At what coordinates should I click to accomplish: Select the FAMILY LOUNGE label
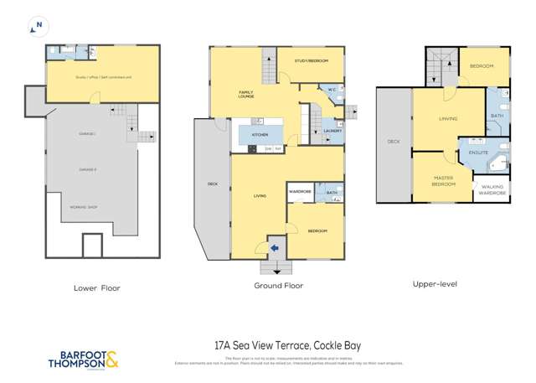(246, 95)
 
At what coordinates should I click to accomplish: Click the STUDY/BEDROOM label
(311, 62)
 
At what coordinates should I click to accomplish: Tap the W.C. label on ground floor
(332, 89)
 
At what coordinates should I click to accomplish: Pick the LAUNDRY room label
(332, 131)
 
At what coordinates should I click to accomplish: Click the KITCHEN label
(260, 134)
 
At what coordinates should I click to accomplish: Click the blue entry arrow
(273, 246)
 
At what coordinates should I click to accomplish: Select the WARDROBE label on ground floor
(301, 192)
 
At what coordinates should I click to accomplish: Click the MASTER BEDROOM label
(444, 180)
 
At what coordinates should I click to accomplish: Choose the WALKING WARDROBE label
(492, 191)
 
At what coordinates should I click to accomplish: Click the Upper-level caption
(435, 284)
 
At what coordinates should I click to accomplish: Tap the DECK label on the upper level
(394, 142)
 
